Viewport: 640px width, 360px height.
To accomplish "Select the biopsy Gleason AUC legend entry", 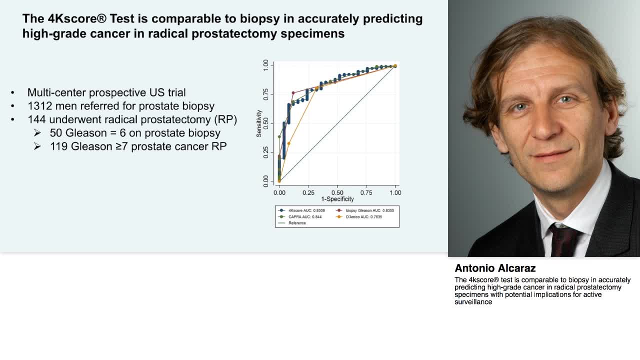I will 369,210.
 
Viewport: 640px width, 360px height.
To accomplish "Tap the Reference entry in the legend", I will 297,223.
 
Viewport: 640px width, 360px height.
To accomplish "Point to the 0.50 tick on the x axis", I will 337,192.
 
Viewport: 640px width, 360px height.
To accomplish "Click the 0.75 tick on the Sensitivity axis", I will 266,94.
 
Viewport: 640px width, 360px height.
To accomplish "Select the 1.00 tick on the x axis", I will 395,192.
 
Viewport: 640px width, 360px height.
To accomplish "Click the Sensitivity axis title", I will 259,123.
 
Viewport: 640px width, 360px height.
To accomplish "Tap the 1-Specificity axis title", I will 337,199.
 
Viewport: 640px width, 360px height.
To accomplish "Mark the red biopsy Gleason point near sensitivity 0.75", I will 293,93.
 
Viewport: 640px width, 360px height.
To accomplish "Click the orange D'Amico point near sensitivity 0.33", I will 288,143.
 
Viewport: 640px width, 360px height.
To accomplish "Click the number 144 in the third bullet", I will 36,119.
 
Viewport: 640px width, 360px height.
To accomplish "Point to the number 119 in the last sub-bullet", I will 58,146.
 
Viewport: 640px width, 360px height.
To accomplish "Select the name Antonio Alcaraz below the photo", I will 495,268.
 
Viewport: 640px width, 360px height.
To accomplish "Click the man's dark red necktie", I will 563,240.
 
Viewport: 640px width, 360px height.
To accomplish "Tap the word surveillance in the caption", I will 473,302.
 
